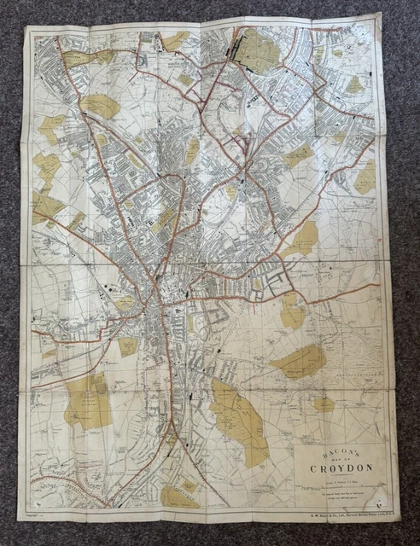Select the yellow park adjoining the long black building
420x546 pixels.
[256, 51]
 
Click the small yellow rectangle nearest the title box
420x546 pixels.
[324, 404]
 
